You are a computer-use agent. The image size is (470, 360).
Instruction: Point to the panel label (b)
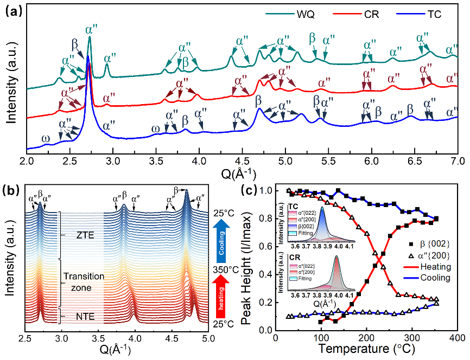[x=14, y=190]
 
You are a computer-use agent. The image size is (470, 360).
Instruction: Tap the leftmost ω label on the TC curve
[x=45, y=138]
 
